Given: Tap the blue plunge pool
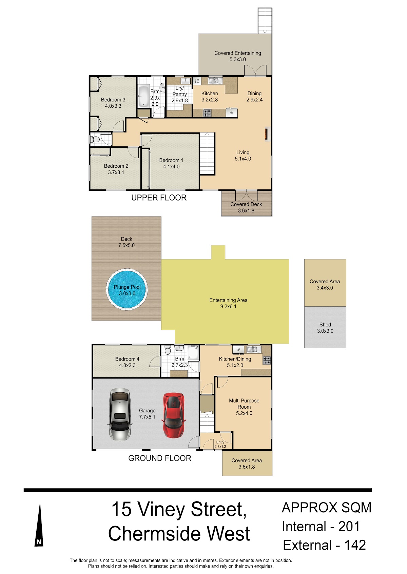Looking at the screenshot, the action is click(x=127, y=290).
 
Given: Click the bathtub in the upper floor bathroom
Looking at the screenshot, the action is click(x=143, y=96).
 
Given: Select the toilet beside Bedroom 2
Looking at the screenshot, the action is click(x=95, y=140).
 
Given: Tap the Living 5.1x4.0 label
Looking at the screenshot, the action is click(x=243, y=156).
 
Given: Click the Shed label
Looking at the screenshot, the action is click(x=325, y=325).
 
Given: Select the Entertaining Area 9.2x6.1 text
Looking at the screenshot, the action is click(x=228, y=303).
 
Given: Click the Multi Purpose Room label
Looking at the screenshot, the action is click(x=244, y=404).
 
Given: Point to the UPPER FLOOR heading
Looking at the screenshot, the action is click(x=159, y=198).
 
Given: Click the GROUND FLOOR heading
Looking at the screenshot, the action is click(x=159, y=458).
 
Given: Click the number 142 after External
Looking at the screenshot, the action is click(x=355, y=545).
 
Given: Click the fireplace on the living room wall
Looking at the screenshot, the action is click(x=267, y=134).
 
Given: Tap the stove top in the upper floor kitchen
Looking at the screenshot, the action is click(x=207, y=113).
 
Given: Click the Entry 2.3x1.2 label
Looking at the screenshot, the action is click(x=220, y=444).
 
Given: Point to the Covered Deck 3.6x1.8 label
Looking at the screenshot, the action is click(x=246, y=207).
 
